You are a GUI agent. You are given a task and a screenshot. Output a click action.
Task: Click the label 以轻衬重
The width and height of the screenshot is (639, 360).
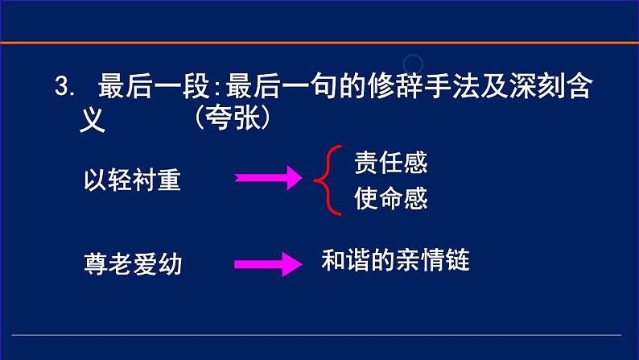pos(132,180)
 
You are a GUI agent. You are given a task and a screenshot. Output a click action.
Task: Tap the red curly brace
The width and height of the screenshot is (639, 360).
pos(321,180)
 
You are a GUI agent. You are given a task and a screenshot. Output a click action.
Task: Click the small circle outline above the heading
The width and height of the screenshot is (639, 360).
pos(414,63)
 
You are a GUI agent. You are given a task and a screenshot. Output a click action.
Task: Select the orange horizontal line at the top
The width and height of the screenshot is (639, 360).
pos(319,42)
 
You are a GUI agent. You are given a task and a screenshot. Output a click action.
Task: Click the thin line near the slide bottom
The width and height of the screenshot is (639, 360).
pos(319,334)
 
